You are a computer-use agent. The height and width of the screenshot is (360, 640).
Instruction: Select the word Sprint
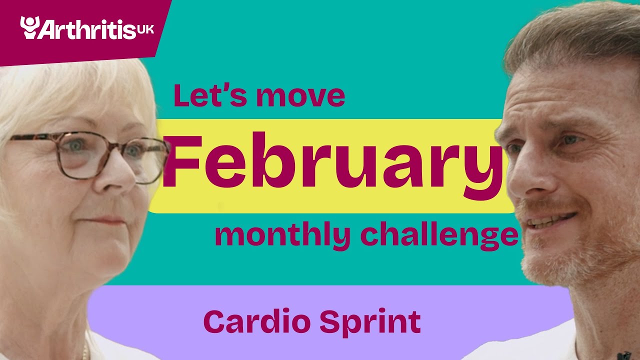tap(370, 322)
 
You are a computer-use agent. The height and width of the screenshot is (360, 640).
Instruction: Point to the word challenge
tap(439, 236)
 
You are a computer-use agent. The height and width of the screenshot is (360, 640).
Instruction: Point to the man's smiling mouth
tap(552, 220)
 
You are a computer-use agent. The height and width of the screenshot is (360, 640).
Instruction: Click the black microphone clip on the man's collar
tap(623, 355)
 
